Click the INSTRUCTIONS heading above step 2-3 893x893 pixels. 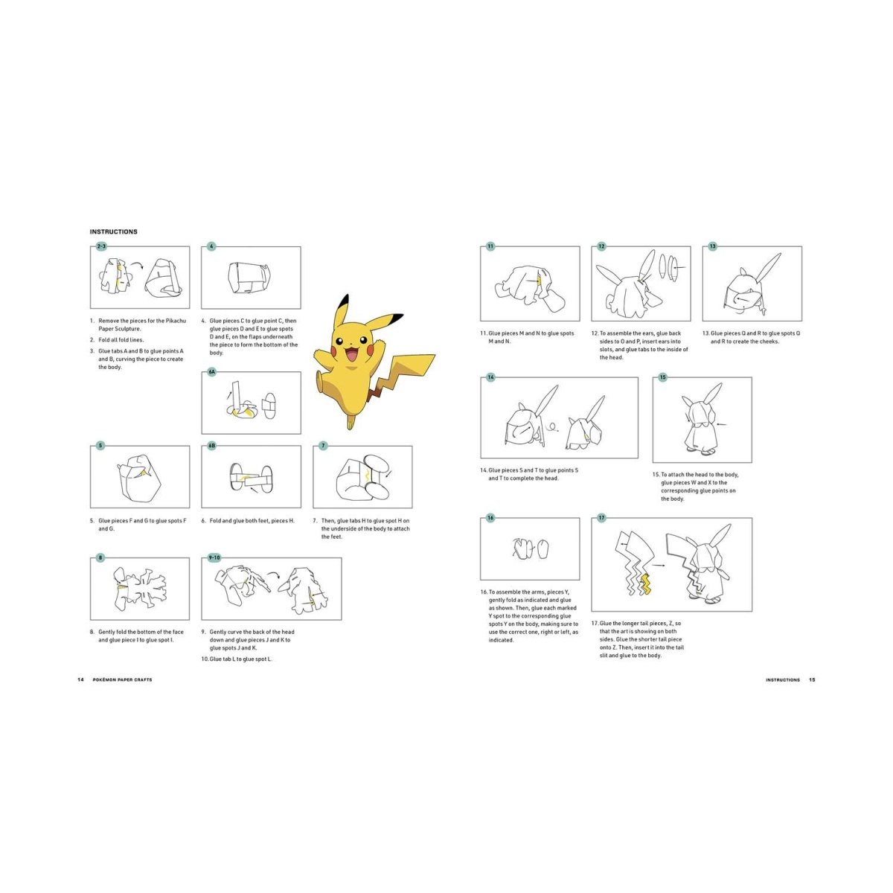click(x=114, y=231)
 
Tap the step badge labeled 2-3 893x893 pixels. click(x=101, y=246)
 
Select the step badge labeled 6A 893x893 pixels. click(x=212, y=371)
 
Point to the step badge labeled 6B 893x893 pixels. click(x=212, y=446)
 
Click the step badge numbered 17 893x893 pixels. click(x=601, y=518)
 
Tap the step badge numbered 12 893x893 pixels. click(x=601, y=246)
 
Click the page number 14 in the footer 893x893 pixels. click(x=80, y=680)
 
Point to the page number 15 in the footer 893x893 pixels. click(x=812, y=680)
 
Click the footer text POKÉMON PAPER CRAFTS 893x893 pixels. click(x=122, y=680)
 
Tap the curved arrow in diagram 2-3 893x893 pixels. click(x=136, y=265)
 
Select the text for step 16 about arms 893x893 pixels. click(x=534, y=616)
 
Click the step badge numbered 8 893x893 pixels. click(x=100, y=558)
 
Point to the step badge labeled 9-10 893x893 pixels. click(x=214, y=558)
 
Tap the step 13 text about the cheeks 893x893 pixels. click(x=751, y=337)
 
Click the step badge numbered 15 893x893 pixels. click(x=663, y=377)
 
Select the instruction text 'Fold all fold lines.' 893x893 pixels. click(x=117, y=339)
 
